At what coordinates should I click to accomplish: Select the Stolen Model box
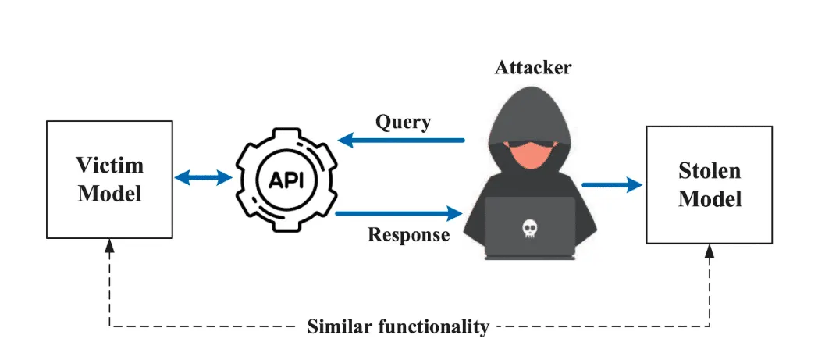[709, 184]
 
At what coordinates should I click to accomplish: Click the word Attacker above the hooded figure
[533, 67]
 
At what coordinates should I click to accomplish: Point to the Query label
[403, 122]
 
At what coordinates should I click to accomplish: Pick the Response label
[408, 234]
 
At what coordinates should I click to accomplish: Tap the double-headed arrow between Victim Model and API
[203, 179]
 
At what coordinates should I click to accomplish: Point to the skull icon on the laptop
[530, 229]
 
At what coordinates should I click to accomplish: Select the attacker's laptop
[530, 227]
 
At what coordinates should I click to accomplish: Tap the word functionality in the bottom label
[429, 326]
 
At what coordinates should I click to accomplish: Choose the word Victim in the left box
[110, 166]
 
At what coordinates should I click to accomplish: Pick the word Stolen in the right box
[710, 171]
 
